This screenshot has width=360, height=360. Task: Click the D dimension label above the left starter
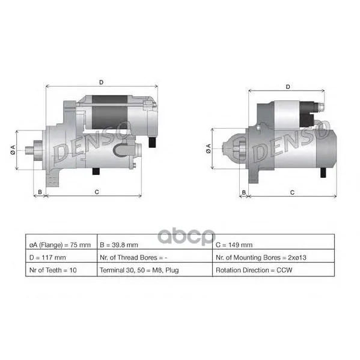click(101, 82)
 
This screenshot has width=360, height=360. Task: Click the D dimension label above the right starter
click(288, 87)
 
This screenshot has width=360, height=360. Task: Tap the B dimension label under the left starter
click(40, 192)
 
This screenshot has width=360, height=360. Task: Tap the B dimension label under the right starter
click(244, 192)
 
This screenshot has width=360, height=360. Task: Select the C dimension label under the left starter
click(97, 192)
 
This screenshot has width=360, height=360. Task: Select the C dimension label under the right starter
click(292, 192)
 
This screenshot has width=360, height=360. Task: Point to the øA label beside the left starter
click(13, 150)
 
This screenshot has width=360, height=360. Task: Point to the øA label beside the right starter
click(208, 148)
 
